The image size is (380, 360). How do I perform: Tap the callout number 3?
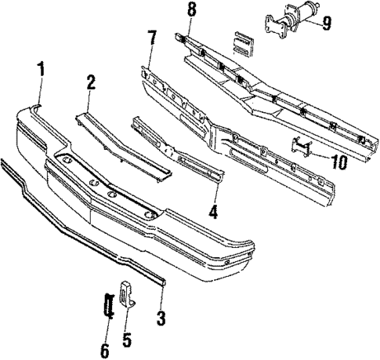point(162,318)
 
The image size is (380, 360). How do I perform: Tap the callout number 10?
point(338,163)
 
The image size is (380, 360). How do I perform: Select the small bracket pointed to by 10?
point(302,147)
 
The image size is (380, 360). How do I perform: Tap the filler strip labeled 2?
point(125,141)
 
